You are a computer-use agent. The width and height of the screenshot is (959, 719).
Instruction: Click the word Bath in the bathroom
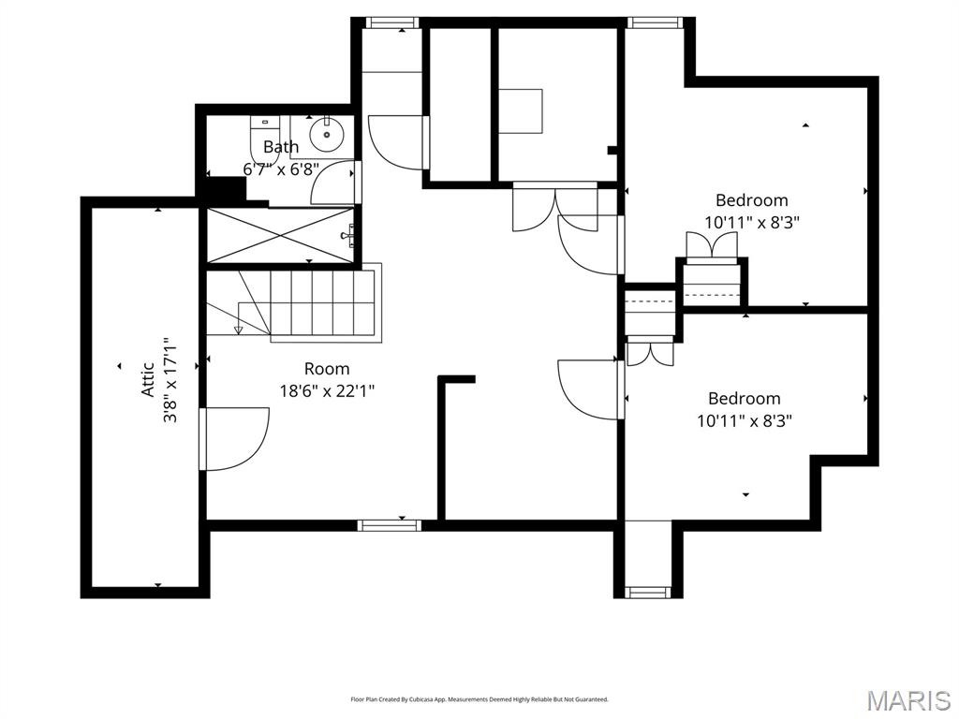pos(281,147)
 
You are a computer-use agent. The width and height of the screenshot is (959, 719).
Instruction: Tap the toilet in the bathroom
pos(263,138)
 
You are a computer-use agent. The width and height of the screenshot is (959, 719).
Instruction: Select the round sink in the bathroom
pos(327,135)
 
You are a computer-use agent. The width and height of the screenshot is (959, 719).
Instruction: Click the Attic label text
pos(148,380)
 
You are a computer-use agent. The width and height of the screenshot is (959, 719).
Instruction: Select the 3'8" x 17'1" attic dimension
pos(170,380)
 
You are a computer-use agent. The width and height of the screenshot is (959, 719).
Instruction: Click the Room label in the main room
pos(327,369)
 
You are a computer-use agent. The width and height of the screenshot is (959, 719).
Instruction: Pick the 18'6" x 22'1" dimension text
pos(328,391)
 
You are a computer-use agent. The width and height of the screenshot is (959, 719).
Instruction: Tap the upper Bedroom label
pos(751,200)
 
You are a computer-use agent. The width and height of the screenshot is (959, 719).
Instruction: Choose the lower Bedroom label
pos(744,399)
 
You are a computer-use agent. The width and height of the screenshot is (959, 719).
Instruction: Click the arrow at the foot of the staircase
pos(239,328)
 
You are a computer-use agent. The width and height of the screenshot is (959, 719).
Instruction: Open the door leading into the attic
pos(234,438)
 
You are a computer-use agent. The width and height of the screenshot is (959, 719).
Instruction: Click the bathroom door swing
pos(333,183)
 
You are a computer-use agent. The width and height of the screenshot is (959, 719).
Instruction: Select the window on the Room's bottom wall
pos(390,525)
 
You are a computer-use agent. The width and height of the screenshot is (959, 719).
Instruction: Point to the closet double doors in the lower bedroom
pos(649,352)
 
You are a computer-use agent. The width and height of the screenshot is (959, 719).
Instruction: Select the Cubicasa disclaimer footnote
pos(479,699)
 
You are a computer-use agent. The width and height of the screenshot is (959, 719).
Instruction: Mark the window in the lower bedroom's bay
pos(648,592)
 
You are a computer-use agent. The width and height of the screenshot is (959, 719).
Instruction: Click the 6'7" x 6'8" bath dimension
pos(281,169)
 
